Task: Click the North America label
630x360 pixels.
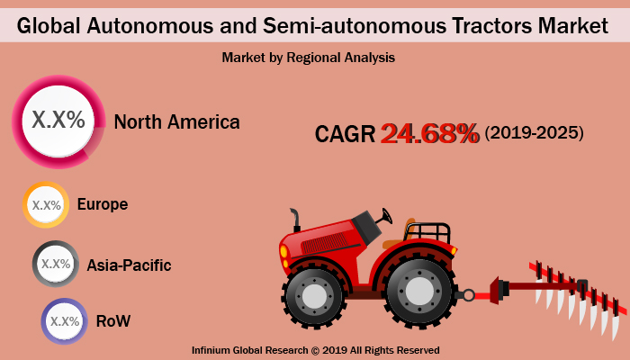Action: pos(176,122)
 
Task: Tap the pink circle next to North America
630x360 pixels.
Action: pos(58,121)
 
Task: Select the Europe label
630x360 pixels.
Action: pos(102,204)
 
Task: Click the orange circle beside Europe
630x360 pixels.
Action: pos(47,205)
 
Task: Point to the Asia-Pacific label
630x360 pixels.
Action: pos(129,265)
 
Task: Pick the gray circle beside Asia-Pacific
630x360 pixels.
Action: pos(56,264)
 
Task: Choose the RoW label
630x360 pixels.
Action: pos(115,320)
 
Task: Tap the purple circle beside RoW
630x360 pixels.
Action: pos(65,321)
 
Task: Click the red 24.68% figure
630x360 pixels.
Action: pos(429,133)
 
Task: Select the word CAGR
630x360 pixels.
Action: pos(345,134)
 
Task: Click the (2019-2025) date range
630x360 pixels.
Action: pos(534,133)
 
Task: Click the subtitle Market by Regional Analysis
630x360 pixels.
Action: pos(309,57)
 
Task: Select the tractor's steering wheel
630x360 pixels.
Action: pos(387,216)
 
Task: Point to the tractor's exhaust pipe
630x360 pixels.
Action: pos(294,220)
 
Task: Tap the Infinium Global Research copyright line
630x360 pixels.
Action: pos(315,349)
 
